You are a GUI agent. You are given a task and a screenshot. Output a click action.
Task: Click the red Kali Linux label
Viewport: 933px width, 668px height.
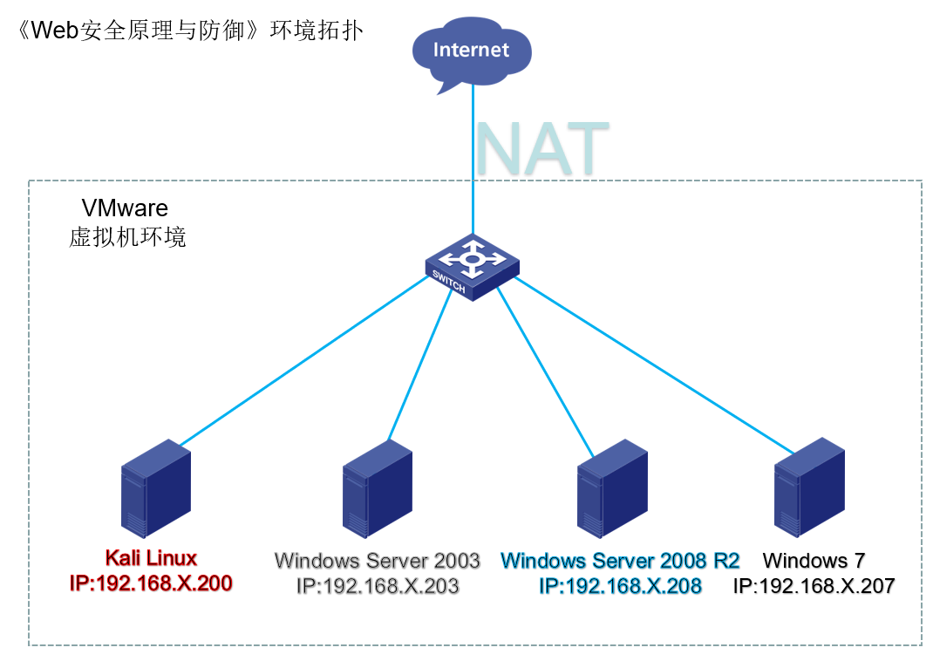(x=151, y=558)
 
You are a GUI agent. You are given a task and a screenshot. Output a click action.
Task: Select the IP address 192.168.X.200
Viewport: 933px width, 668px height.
(x=151, y=583)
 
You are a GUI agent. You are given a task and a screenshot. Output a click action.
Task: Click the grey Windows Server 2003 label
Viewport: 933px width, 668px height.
(x=377, y=560)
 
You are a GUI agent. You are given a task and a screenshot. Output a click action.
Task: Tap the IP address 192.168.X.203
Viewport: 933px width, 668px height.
(x=377, y=586)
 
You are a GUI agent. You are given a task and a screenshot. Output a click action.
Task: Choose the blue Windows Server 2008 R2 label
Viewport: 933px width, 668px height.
(x=620, y=560)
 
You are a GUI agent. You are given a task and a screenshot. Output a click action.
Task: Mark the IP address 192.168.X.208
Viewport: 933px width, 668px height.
(x=620, y=586)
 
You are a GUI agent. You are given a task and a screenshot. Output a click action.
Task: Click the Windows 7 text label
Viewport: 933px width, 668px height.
(x=814, y=560)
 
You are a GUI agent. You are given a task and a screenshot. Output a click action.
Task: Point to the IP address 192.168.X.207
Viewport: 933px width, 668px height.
(x=814, y=586)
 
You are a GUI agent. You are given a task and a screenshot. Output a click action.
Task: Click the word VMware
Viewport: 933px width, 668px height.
(x=125, y=208)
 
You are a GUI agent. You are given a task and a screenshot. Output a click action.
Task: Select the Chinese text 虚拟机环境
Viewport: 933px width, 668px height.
(x=127, y=237)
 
